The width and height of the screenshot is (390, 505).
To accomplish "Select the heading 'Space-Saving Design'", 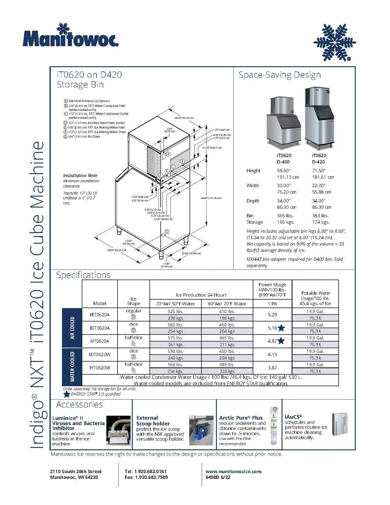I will click(279, 75).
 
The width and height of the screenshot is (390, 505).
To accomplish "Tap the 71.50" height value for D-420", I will click(319, 171).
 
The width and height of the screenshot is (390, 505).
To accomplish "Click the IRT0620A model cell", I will click(100, 315).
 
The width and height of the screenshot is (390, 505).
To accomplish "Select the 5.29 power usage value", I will click(272, 315).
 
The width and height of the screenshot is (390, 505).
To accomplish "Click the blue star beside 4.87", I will click(281, 341).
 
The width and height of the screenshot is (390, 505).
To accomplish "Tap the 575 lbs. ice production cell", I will click(175, 338).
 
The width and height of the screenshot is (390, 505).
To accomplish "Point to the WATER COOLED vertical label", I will click(72, 367).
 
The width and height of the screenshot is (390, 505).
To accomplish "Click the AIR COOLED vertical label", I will click(72, 328).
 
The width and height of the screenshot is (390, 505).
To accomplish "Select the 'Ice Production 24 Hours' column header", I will click(201, 295).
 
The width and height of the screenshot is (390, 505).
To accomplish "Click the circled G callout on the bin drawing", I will click(167, 232).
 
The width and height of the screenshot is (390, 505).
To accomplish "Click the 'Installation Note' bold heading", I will click(80, 176).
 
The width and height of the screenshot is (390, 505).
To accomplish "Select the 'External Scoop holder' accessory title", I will click(153, 421).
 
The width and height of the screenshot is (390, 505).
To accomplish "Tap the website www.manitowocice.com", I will click(233, 471).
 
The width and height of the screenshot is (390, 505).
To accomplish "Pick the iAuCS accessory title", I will click(293, 417).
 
